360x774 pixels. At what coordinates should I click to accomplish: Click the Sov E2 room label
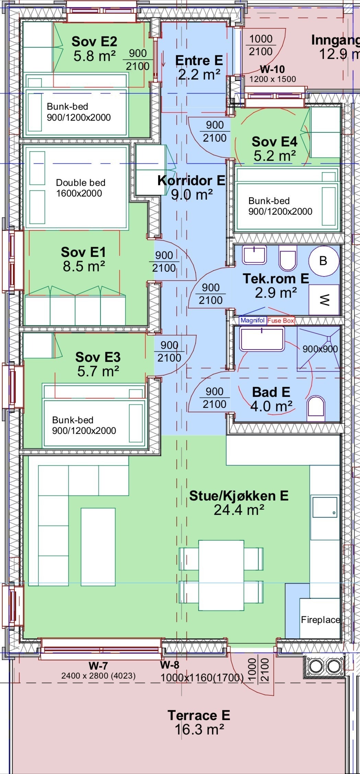(94, 42)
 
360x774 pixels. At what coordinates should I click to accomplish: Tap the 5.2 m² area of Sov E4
(275, 156)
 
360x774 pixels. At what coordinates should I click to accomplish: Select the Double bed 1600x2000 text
(80, 188)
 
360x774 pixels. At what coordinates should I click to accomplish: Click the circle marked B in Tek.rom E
(323, 261)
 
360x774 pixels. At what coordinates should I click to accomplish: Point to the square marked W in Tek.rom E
(324, 300)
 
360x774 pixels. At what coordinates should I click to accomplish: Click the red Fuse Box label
(281, 321)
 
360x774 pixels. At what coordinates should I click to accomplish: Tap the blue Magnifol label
(253, 320)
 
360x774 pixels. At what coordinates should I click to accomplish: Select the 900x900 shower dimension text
(320, 349)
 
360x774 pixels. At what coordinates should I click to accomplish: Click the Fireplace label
(320, 620)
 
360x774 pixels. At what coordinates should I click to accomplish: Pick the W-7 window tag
(98, 666)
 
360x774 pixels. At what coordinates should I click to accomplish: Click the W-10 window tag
(272, 69)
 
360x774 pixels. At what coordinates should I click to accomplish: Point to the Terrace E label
(199, 715)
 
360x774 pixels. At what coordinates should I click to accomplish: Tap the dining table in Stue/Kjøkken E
(221, 575)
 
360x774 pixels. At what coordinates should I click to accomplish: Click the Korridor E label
(191, 180)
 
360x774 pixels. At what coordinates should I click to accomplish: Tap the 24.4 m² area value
(239, 510)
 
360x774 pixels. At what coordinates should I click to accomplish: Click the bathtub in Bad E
(262, 339)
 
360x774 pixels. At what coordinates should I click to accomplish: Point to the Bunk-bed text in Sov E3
(73, 420)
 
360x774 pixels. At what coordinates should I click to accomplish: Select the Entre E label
(199, 60)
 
